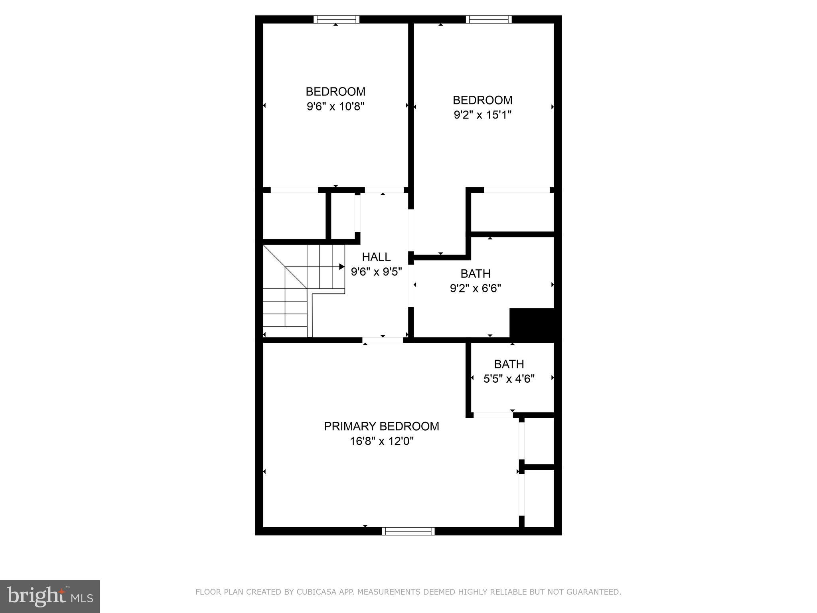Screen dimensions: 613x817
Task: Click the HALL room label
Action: click(376, 257)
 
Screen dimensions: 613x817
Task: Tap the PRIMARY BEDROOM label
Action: click(381, 426)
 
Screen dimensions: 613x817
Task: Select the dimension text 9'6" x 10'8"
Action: click(335, 107)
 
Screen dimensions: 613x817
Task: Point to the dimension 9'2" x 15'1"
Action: click(482, 115)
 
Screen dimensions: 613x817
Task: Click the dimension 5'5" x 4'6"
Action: click(509, 379)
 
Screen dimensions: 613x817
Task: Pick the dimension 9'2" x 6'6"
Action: click(475, 288)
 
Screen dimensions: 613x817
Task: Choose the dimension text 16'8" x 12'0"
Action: click(381, 441)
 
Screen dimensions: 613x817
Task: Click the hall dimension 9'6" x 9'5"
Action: click(376, 272)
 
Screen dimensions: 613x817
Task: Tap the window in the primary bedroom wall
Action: click(408, 531)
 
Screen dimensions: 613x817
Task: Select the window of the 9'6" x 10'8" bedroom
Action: click(336, 19)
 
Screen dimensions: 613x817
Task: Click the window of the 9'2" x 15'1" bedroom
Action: click(488, 19)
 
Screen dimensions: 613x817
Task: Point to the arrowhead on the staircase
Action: click(342, 267)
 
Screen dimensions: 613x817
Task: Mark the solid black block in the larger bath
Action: click(532, 323)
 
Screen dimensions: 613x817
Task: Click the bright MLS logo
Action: click(50, 596)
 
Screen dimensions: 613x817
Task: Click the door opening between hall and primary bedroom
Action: click(383, 340)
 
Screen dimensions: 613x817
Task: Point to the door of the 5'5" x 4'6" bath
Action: click(493, 415)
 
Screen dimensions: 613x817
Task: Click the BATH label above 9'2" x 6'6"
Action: click(475, 273)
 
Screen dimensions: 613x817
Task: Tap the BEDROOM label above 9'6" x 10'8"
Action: click(335, 91)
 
